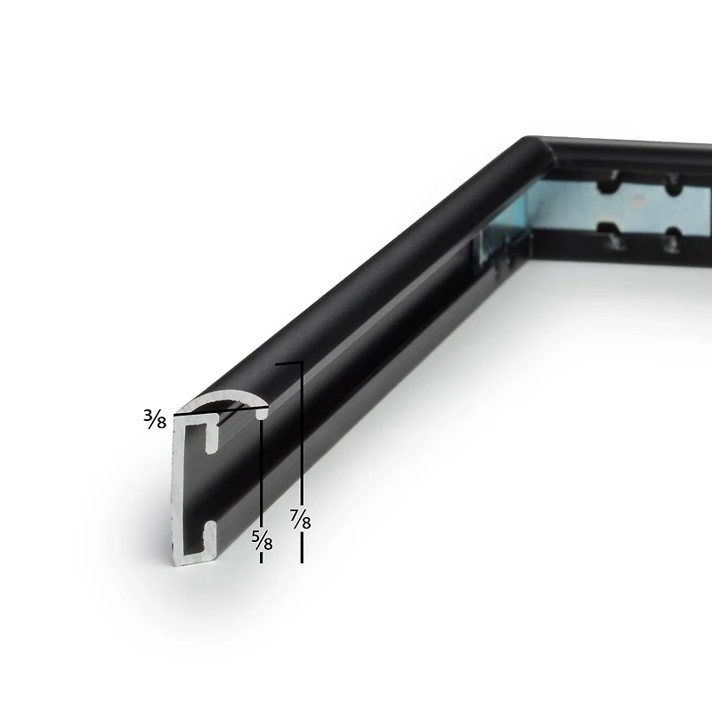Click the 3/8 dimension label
pyautogui.click(x=155, y=418)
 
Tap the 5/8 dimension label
pyautogui.click(x=262, y=538)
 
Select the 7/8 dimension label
pyautogui.click(x=301, y=518)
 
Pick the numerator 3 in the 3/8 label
pyautogui.click(x=148, y=414)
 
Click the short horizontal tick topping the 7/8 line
pyautogui.click(x=288, y=363)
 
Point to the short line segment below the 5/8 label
pyautogui.click(x=262, y=557)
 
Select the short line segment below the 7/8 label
pyautogui.click(x=302, y=548)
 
